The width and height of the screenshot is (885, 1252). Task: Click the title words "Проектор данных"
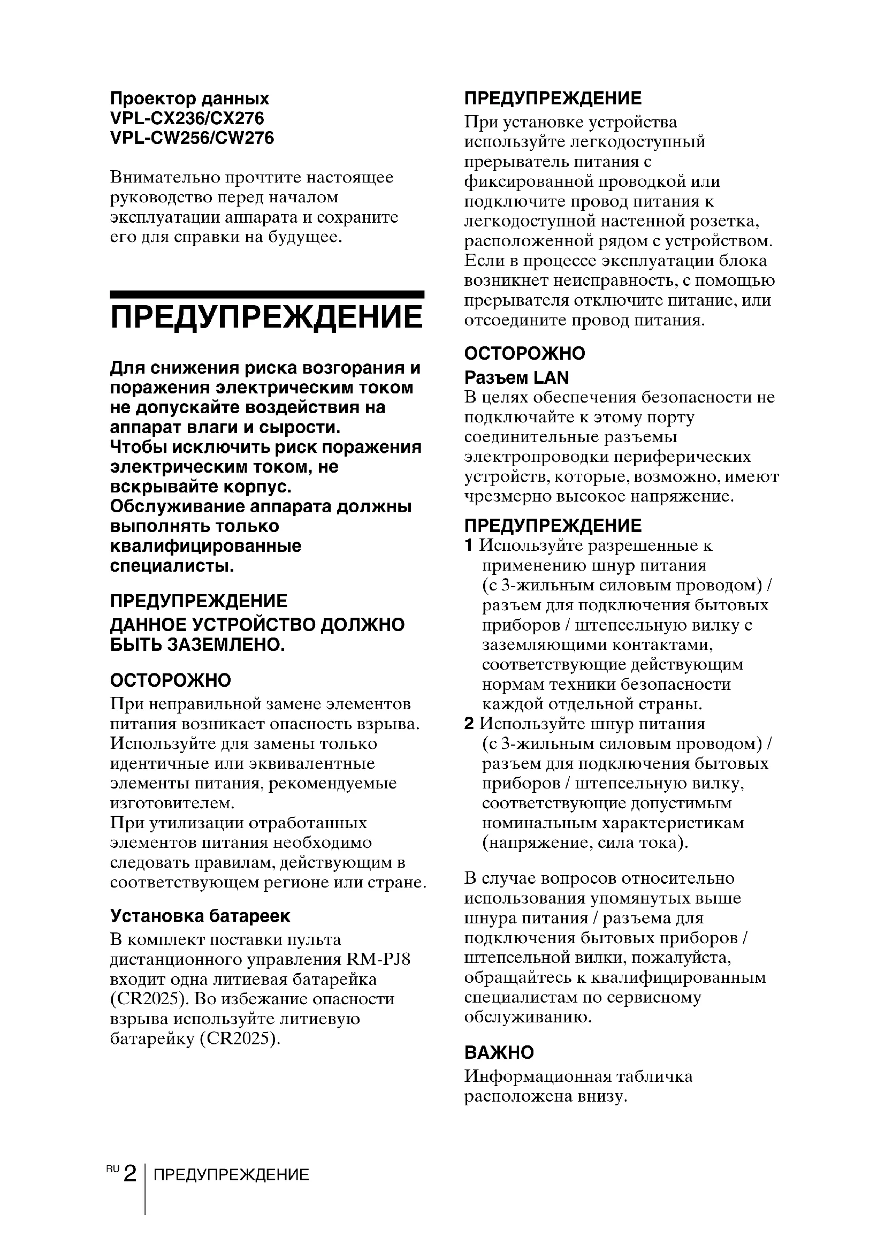[x=189, y=98]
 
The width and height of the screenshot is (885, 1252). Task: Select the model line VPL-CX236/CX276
[x=187, y=118]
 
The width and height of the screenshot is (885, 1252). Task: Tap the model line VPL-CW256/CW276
[x=192, y=138]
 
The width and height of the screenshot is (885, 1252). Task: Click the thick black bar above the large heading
[x=267, y=294]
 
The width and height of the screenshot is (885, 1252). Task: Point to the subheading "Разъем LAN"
[x=516, y=377]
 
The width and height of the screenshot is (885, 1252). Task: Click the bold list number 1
[x=468, y=545]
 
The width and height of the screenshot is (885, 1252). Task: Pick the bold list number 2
[x=469, y=724]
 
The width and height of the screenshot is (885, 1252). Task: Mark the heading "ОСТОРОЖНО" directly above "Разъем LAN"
[x=524, y=353]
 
